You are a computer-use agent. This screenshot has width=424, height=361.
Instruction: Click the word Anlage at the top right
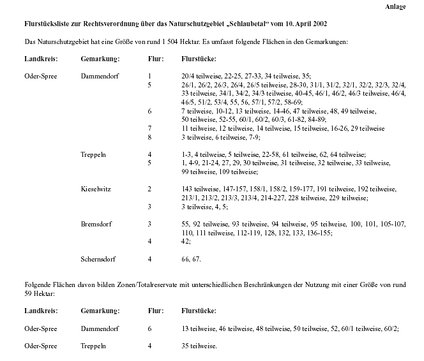pos(395,6)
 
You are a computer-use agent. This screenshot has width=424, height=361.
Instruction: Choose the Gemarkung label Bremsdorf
pos(97,225)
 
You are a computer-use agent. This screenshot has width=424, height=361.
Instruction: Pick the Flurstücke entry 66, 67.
pos(192,259)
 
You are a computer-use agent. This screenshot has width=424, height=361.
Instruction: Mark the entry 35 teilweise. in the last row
pos(199,346)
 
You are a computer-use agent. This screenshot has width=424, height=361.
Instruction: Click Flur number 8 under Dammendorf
pos(149,137)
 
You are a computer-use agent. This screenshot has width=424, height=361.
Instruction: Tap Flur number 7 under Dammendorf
pos(149,128)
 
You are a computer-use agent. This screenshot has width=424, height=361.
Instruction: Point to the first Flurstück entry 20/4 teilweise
pos(204,76)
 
